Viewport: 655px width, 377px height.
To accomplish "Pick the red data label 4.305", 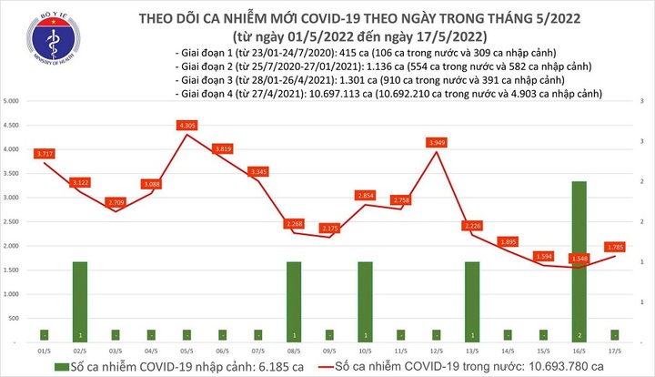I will [188, 124].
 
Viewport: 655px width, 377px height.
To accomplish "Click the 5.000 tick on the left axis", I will [12, 99].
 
